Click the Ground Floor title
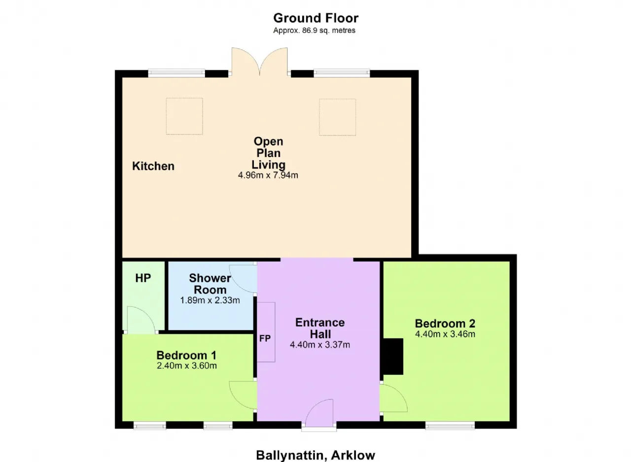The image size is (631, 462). (x=316, y=18)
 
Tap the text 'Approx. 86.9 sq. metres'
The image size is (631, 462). (x=315, y=31)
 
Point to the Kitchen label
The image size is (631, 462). (x=153, y=166)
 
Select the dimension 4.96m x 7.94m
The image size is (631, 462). (x=268, y=175)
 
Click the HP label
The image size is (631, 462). (x=143, y=278)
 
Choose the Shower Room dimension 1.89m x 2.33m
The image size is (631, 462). (x=210, y=300)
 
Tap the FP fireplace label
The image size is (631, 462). (x=265, y=338)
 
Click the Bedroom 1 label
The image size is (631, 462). (x=186, y=355)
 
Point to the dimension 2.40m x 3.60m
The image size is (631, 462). (x=187, y=365)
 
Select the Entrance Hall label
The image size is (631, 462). (x=320, y=328)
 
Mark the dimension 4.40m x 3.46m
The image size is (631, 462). (x=445, y=334)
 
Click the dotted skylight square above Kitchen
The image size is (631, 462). (x=184, y=116)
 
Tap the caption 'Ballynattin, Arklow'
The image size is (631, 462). (x=315, y=455)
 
